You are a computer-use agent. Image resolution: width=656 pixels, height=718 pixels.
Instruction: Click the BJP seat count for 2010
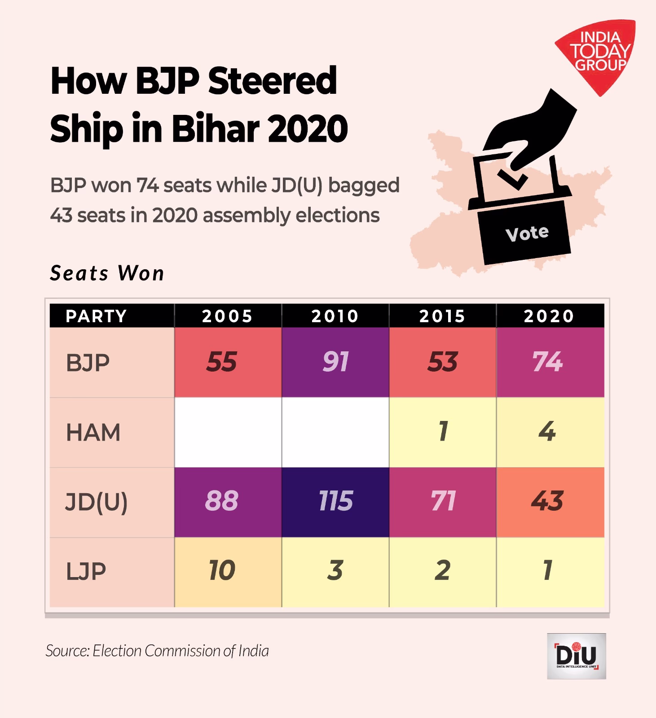pyautogui.click(x=335, y=362)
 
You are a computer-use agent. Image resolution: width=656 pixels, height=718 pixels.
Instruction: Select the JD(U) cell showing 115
pyautogui.click(x=335, y=501)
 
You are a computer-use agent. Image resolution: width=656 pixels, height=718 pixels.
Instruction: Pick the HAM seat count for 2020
pyautogui.click(x=547, y=432)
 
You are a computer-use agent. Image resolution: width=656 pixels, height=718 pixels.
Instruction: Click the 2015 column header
pyautogui.click(x=442, y=316)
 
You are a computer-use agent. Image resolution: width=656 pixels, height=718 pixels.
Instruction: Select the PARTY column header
pyautogui.click(x=97, y=316)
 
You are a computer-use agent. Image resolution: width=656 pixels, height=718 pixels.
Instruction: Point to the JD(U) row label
pyautogui.click(x=97, y=502)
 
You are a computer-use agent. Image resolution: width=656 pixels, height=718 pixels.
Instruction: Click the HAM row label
pyautogui.click(x=93, y=433)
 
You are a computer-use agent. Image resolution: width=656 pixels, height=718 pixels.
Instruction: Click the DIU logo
pyautogui.click(x=577, y=656)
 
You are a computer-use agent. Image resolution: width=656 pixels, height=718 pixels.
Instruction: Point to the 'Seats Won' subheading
pyautogui.click(x=107, y=273)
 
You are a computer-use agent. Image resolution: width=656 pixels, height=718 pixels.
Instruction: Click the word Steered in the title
pyautogui.click(x=273, y=81)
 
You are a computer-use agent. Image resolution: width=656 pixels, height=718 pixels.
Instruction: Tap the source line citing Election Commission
pyautogui.click(x=157, y=651)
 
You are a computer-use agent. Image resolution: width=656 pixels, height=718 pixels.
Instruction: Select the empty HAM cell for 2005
pyautogui.click(x=228, y=432)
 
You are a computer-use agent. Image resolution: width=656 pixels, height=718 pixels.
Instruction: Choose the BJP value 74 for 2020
pyautogui.click(x=547, y=362)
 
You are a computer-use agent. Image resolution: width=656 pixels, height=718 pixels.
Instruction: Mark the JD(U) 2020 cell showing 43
pyautogui.click(x=547, y=501)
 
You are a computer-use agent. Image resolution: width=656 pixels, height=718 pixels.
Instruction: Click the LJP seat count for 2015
pyautogui.click(x=442, y=570)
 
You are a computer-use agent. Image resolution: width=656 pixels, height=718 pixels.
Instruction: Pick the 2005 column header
pyautogui.click(x=227, y=316)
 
